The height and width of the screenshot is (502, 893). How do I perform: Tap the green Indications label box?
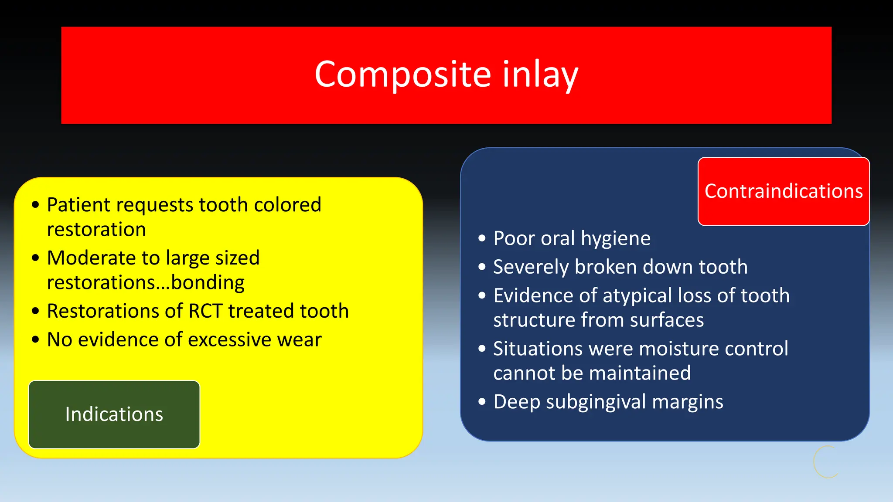114,414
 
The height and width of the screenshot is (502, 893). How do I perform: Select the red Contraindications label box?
784,191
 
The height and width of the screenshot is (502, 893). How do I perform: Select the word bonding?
208,283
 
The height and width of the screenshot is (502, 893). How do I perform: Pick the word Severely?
531,267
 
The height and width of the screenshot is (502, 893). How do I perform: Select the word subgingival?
596,402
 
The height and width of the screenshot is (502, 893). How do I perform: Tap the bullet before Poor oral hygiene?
482,238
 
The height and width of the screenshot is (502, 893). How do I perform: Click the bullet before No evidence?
36,339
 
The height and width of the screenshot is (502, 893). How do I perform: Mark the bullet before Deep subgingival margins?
482,401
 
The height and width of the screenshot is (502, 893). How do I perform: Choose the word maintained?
639,373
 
